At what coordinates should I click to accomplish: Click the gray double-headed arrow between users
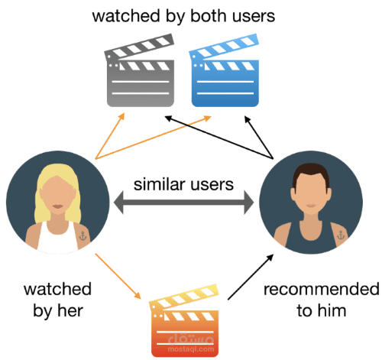[183, 203]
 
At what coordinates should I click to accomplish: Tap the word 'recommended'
[321, 290]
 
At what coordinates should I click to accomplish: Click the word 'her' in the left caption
[79, 311]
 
